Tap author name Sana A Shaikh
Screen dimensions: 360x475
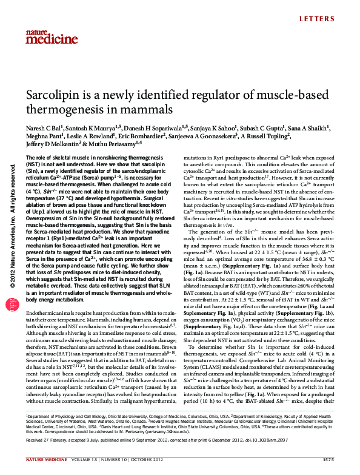pyautogui.click(x=313, y=129)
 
